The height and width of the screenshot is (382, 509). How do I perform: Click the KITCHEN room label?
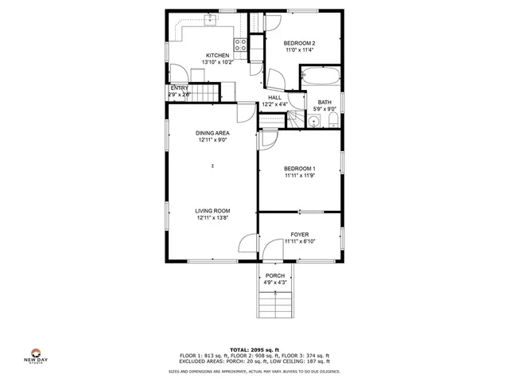[x=216, y=56]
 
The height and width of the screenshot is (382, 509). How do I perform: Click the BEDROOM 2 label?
[x=301, y=43]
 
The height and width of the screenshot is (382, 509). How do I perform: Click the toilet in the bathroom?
[x=332, y=121]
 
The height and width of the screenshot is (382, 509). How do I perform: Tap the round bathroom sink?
[x=315, y=123]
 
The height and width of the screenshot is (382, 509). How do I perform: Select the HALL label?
[x=274, y=98]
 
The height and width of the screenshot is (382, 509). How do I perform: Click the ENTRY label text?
[x=179, y=88]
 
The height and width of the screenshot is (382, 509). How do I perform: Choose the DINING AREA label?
[x=213, y=133]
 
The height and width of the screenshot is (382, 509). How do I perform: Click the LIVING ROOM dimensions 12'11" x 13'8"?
[x=213, y=217]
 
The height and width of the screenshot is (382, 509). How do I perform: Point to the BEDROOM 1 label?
[x=300, y=169]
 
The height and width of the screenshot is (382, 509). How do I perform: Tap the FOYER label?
[x=300, y=234]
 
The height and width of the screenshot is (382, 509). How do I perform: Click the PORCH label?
[x=275, y=275]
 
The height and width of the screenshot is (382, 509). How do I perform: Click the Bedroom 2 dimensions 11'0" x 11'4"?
[x=301, y=50]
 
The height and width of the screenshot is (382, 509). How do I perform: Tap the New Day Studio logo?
[x=35, y=355]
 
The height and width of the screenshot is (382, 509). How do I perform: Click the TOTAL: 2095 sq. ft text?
[x=254, y=349]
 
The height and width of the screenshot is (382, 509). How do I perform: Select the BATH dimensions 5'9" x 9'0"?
[x=325, y=109]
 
